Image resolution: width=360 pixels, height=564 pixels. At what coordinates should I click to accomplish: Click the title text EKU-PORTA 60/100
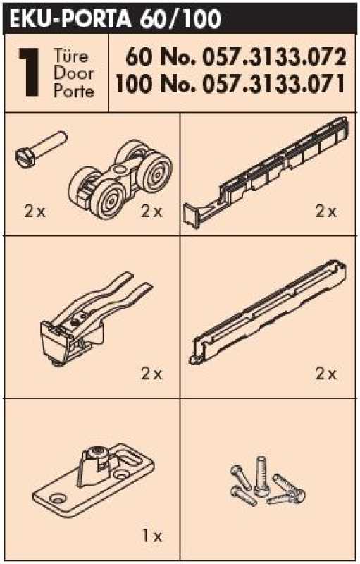point(115,18)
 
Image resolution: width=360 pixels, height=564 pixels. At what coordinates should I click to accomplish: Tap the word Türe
point(70,56)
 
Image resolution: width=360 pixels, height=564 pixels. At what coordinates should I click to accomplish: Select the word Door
point(73,73)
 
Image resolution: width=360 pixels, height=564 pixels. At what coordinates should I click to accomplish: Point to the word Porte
point(74,91)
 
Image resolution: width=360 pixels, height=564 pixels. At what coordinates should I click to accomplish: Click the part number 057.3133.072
point(275,58)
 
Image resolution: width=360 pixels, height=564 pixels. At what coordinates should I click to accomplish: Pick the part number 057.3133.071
point(274,84)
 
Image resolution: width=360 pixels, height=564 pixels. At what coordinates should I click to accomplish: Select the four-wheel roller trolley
point(120,179)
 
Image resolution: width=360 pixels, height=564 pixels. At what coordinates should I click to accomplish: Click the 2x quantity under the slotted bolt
point(35,211)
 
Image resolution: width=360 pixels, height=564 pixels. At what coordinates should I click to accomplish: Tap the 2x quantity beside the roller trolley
point(151,211)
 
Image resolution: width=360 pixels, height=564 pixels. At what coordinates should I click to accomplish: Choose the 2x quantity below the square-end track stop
point(326,211)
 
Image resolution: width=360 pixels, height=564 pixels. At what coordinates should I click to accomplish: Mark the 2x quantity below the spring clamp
point(151,374)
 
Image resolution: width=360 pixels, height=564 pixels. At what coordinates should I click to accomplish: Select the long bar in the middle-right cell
point(268,312)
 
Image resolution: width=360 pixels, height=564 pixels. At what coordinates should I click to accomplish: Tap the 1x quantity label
point(152,537)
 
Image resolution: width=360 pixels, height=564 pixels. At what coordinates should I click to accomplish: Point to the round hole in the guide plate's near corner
point(58,498)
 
